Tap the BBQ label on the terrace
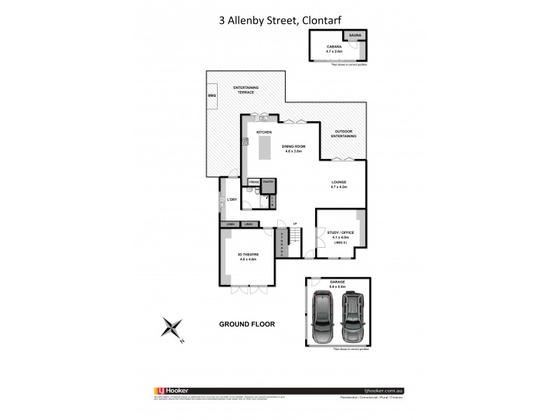click(x=212, y=94)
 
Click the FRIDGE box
click(x=254, y=181)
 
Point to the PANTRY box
click(x=268, y=181)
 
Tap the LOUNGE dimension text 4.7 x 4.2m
click(x=339, y=188)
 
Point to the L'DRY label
click(x=231, y=199)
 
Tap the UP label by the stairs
click(x=295, y=224)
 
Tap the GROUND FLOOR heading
click(x=246, y=324)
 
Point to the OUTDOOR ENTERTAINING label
click(x=345, y=135)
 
